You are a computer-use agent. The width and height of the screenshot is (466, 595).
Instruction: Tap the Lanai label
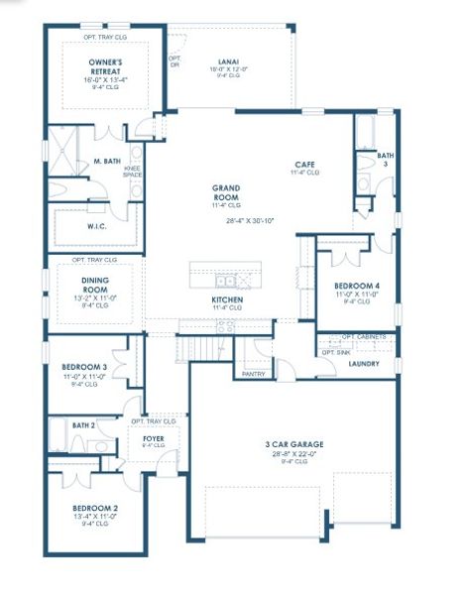pos(228,61)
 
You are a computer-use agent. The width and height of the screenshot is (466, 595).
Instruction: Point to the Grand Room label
pos(228,191)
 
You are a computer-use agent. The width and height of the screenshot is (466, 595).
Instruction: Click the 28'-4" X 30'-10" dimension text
pos(250,221)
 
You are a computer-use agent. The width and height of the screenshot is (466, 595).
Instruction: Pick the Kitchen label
pos(227,298)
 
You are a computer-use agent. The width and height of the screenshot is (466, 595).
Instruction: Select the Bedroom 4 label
pos(357,286)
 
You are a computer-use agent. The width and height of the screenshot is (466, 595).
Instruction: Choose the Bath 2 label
pos(83,424)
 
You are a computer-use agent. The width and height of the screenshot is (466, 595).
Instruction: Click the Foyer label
pos(153,437)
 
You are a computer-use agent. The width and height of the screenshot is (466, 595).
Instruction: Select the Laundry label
pos(363,364)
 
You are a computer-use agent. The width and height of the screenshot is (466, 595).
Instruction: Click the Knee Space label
pos(132,173)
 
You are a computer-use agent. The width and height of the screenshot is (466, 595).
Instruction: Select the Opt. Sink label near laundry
pos(335,351)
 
